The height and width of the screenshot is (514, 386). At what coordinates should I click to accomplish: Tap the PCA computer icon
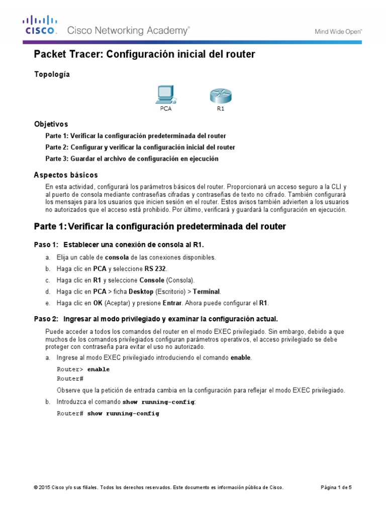coord(166,94)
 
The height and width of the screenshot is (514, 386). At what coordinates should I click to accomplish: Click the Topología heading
coord(52,74)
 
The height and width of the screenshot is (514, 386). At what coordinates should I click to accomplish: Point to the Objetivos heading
coord(51,123)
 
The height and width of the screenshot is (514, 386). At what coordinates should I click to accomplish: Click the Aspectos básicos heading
coord(65,175)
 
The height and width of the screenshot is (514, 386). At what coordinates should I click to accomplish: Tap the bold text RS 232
coord(157,269)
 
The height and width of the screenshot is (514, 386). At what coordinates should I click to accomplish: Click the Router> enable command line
coord(83,369)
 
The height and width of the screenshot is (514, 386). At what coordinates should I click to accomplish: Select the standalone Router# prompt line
coord(70,378)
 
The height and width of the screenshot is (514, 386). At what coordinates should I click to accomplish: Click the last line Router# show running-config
coord(108,414)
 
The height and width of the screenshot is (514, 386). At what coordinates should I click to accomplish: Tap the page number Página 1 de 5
coord(336,487)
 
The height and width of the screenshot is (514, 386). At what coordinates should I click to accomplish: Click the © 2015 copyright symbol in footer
coord(36,487)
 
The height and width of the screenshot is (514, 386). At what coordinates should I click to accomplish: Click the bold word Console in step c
coord(152,280)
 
